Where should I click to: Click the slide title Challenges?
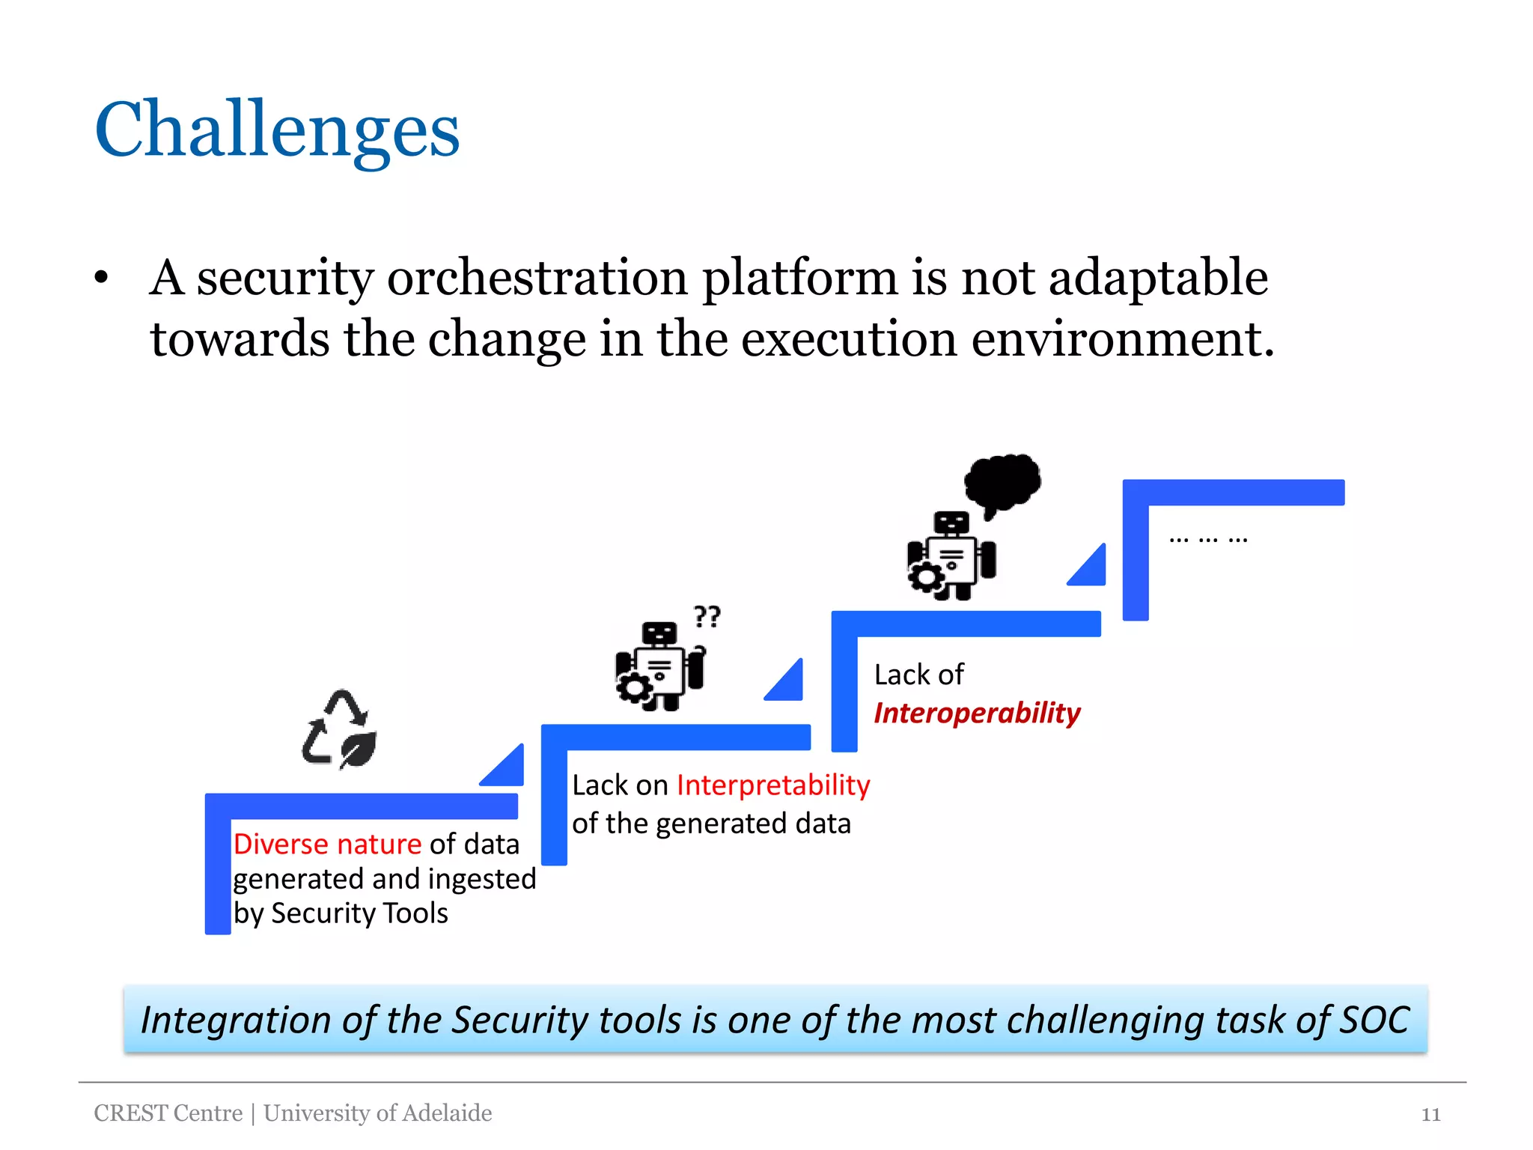coord(277,131)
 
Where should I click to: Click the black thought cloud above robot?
coord(1002,483)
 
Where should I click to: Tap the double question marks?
coord(707,616)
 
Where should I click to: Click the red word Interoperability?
coord(977,713)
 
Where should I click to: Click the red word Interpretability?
coord(773,785)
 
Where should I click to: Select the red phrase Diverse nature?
coord(327,845)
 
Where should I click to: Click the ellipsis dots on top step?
coord(1208,538)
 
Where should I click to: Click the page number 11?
coord(1430,1115)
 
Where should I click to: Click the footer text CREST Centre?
coord(168,1113)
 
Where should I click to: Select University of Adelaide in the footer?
coord(378,1113)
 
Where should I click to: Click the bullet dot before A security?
coord(102,279)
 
